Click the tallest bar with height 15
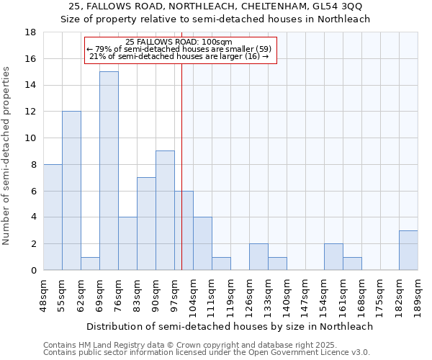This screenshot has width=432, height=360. pyautogui.click(x=109, y=171)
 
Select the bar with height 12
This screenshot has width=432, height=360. pyautogui.click(x=71, y=191)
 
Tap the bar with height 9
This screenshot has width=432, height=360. pyautogui.click(x=165, y=210)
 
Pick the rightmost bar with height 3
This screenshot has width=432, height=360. pyautogui.click(x=408, y=250)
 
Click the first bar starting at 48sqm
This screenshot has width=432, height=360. pyautogui.click(x=53, y=217)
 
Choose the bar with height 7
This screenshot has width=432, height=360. pyautogui.click(x=146, y=223)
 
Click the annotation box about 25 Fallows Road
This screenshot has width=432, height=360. pyautogui.click(x=180, y=49)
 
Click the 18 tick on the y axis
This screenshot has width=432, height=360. pyautogui.click(x=30, y=32)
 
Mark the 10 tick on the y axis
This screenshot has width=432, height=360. pyautogui.click(x=30, y=138)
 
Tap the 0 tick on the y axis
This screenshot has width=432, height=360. pyautogui.click(x=33, y=270)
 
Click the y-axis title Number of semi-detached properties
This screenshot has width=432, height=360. pyautogui.click(x=8, y=156)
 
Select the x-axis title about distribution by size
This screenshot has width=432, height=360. pyautogui.click(x=230, y=326)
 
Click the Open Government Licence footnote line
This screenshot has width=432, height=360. pyautogui.click(x=207, y=353)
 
